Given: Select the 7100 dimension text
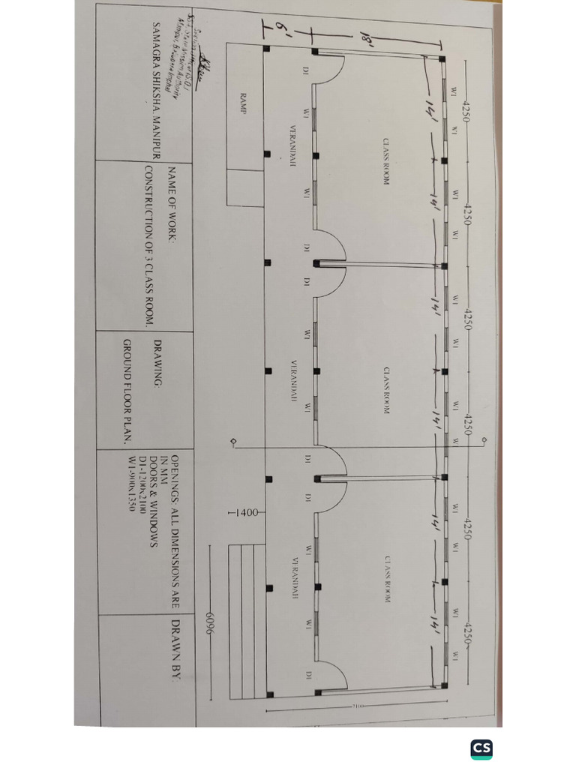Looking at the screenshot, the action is pos(358,706).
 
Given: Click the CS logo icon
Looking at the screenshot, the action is pos(481,748).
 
